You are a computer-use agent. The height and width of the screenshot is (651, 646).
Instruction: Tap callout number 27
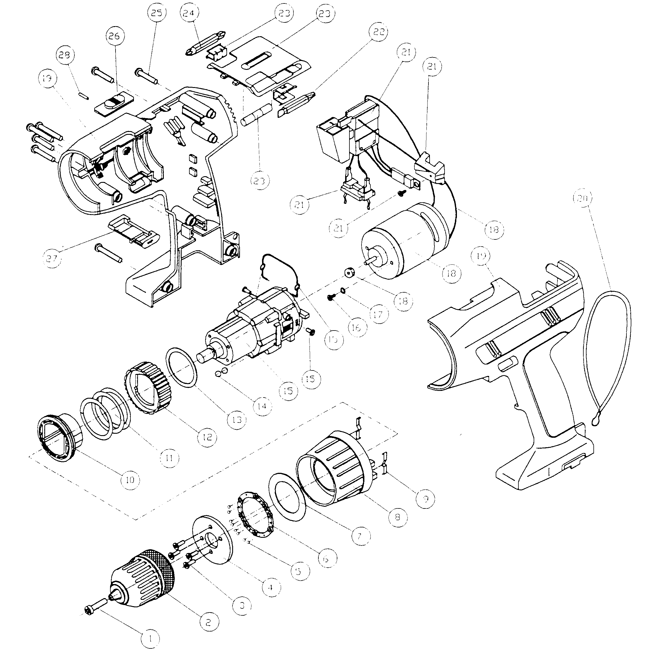click(53, 259)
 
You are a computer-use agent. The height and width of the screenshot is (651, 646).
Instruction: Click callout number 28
click(65, 55)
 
